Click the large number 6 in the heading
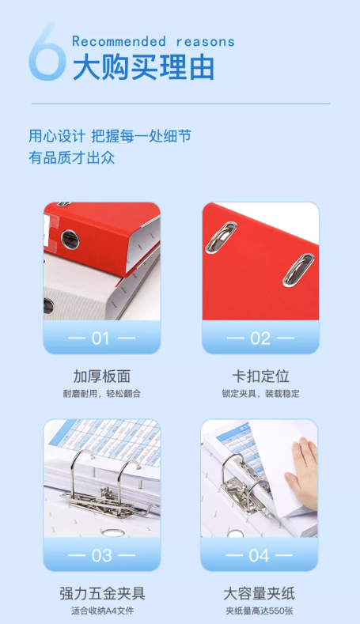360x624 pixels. coord(47,51)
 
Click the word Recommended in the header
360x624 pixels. coord(119,41)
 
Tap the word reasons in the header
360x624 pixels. coord(206,42)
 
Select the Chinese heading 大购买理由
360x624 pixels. coord(143,67)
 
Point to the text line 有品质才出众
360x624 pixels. coord(72,157)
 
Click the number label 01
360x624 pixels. coord(100,338)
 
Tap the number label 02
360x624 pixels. coord(260,338)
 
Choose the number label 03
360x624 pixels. coord(101,555)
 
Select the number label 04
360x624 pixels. coord(260,555)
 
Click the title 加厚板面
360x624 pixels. coord(102,376)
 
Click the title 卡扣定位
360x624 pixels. coord(261,376)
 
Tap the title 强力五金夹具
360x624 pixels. coord(102,593)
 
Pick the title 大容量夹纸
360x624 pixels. coord(260,593)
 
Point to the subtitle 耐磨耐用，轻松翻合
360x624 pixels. coord(102,394)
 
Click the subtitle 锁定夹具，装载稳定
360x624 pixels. coord(261,394)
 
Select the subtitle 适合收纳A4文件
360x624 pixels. coord(102,611)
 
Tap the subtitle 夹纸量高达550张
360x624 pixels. coord(260,611)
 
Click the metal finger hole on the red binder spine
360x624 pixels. coord(70,240)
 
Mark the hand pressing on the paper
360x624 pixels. coord(301,473)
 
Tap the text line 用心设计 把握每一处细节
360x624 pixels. coord(110,136)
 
